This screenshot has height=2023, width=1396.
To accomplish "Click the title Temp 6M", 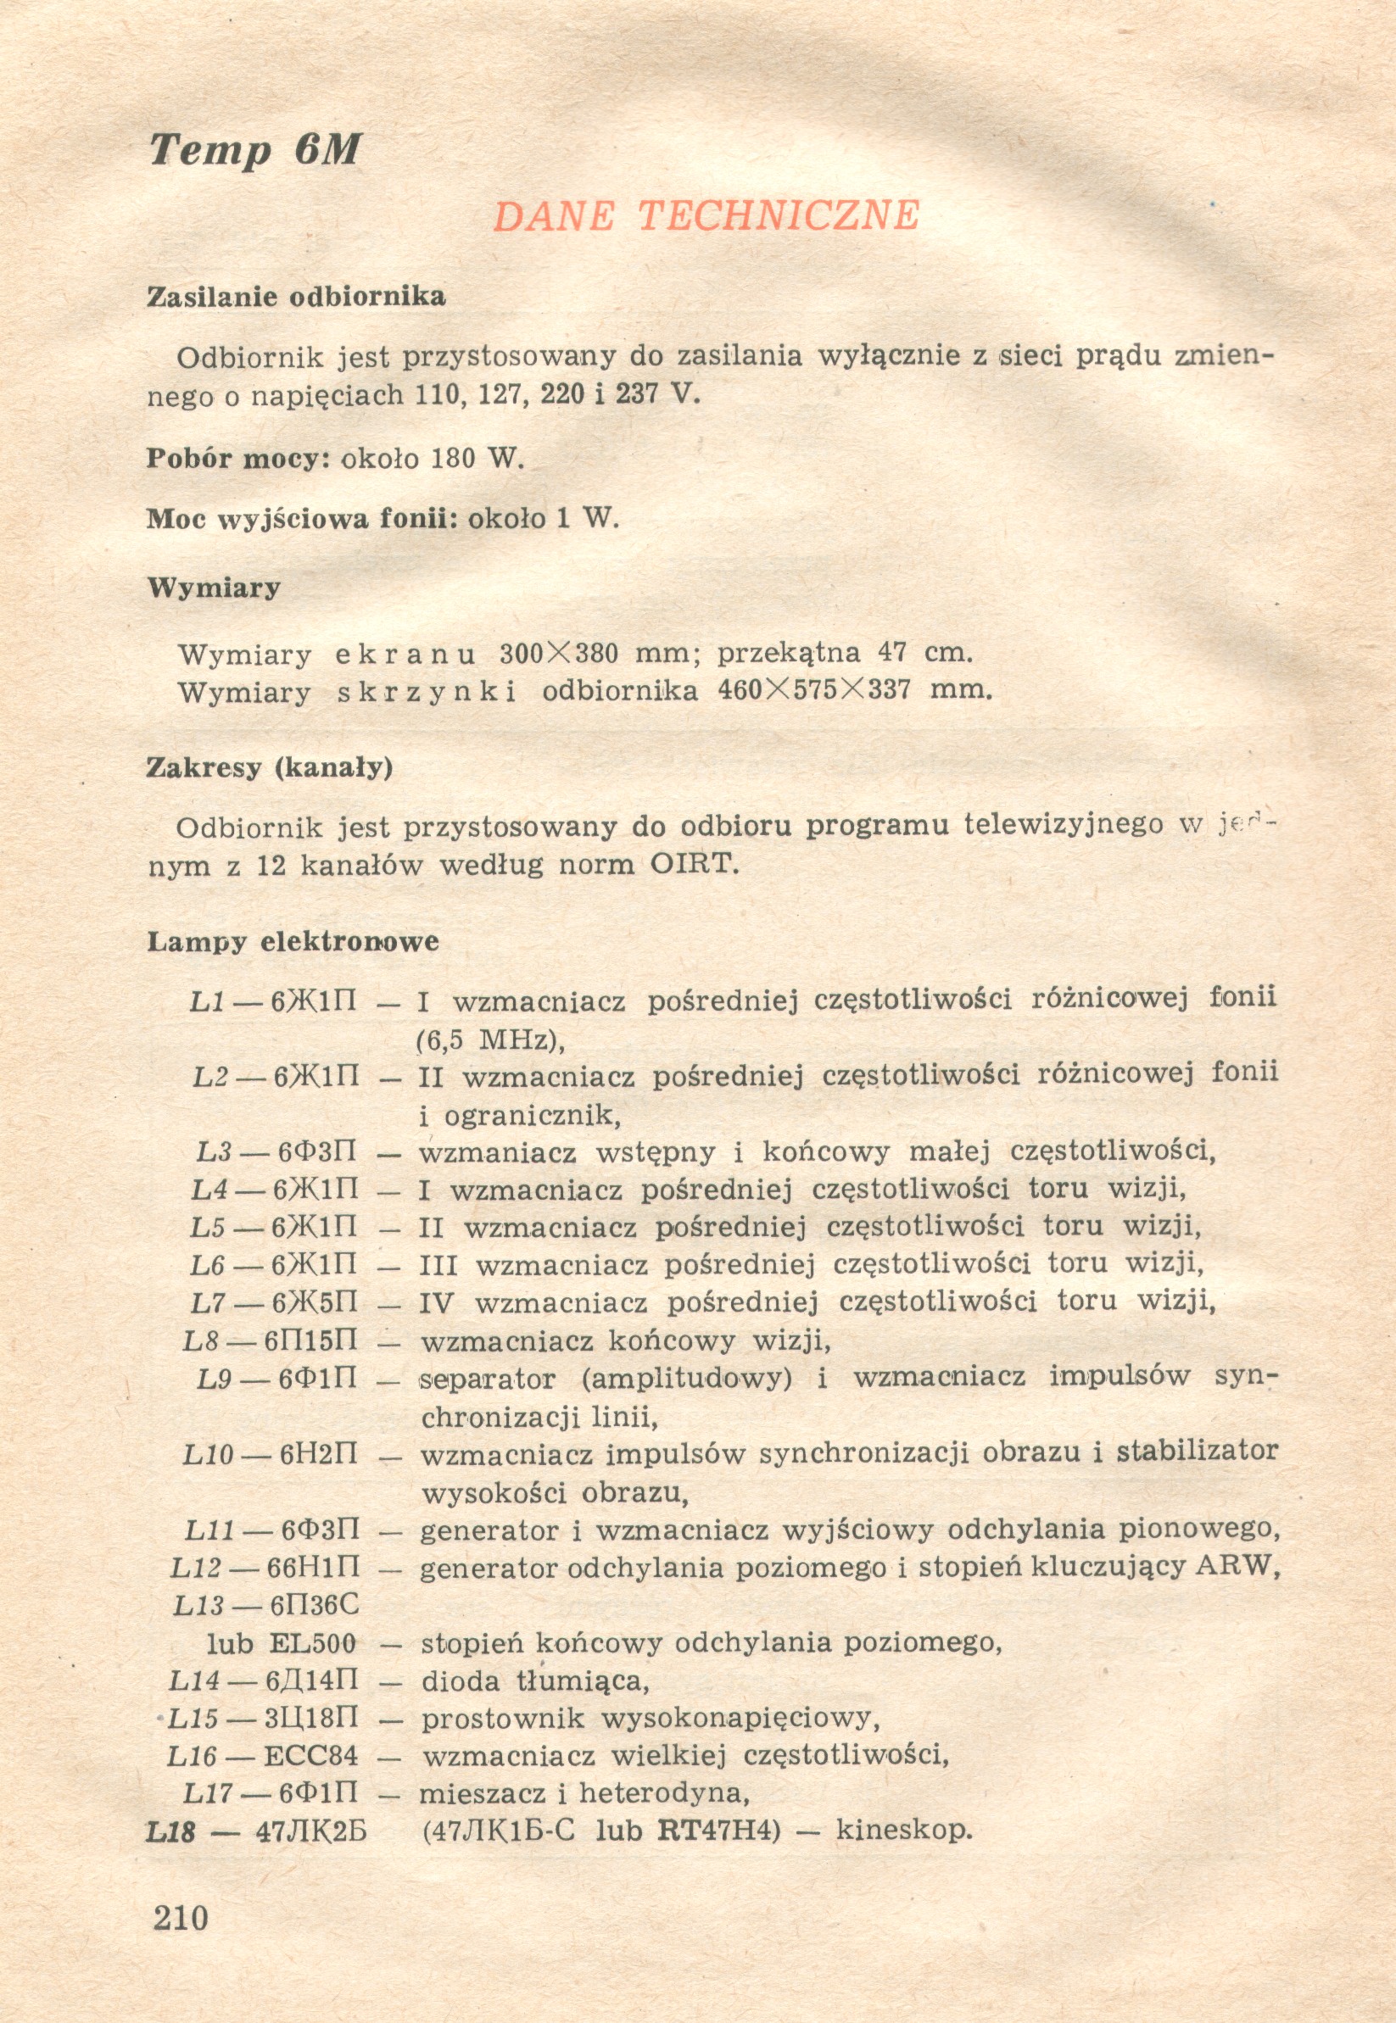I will pos(254,150).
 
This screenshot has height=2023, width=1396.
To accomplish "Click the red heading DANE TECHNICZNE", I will pos(706,216).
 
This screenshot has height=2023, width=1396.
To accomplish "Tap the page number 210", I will pos(181,1917).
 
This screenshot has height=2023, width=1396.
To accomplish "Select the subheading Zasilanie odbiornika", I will pos(296,298).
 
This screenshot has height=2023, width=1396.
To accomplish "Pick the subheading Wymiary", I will pos(214,588).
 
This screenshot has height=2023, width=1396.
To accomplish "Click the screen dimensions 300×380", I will pos(559,653).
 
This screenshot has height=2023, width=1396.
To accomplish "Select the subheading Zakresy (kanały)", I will pos(270,767).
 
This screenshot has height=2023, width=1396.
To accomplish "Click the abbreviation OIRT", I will pos(695,865).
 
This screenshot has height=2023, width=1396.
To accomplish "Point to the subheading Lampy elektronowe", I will pos(293,942).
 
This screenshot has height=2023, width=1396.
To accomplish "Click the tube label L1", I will pos(206,1001).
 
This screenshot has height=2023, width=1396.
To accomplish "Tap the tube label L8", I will pos(204,1341).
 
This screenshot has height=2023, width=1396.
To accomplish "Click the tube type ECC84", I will pos(310,1757).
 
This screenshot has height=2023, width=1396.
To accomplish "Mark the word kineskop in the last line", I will pos(903,1830).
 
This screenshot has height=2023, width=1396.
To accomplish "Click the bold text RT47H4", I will pos(718,1831).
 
